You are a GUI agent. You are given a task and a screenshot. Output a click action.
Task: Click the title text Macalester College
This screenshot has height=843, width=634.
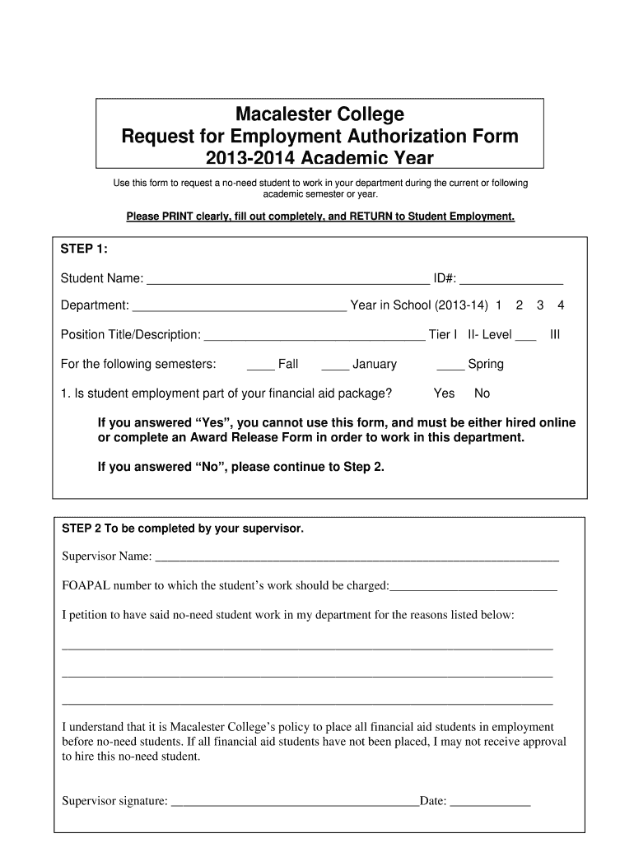320,114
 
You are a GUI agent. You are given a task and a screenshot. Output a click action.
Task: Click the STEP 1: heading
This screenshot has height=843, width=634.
85,249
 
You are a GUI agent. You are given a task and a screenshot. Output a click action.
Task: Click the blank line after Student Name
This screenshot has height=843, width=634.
288,280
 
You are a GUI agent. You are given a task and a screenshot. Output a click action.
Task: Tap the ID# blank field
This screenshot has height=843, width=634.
516,280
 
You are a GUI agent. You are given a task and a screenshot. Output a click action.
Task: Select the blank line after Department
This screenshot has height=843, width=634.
240,307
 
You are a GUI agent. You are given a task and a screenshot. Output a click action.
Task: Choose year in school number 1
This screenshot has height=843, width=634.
498,305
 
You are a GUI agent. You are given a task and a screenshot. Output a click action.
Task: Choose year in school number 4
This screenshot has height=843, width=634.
561,305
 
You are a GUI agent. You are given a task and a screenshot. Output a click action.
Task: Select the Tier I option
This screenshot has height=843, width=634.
445,335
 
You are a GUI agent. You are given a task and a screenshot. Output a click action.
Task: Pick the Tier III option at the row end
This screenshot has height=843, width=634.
555,335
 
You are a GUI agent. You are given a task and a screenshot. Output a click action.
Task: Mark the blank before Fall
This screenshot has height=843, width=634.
260,366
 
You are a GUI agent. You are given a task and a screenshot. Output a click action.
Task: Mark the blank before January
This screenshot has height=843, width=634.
335,366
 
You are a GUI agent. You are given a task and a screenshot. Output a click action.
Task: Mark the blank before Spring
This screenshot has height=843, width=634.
450,366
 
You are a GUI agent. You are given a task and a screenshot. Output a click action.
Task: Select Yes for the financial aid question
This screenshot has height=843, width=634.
445,394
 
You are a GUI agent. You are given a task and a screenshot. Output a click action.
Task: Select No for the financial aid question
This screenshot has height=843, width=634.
482,394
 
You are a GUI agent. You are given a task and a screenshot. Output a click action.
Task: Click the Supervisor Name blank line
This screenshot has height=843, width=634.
357,557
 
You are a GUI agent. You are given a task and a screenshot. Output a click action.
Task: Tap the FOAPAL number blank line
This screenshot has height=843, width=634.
473,587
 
